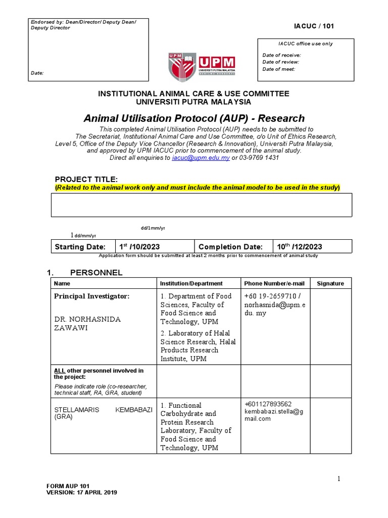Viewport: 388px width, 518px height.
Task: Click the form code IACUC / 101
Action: [314, 26]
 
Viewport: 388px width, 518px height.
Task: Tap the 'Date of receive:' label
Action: [281, 55]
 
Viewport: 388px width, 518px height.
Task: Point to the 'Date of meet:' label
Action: [278, 69]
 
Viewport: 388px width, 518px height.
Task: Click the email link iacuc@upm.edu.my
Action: [201, 158]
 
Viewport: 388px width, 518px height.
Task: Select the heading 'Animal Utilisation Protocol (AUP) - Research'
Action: [194, 118]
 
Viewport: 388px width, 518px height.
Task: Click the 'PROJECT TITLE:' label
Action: [86, 180]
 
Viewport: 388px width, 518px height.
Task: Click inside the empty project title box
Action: [201, 205]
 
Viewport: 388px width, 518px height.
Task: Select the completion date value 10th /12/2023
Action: [299, 247]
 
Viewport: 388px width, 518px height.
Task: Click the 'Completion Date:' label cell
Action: [230, 247]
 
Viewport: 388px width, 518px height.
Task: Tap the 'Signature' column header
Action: [330, 284]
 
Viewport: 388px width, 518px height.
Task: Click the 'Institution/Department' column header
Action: [191, 284]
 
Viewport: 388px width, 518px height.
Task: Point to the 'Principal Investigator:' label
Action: [92, 296]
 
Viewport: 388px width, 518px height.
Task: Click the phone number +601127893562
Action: [268, 404]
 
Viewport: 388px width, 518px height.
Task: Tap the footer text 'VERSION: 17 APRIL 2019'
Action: [81, 492]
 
